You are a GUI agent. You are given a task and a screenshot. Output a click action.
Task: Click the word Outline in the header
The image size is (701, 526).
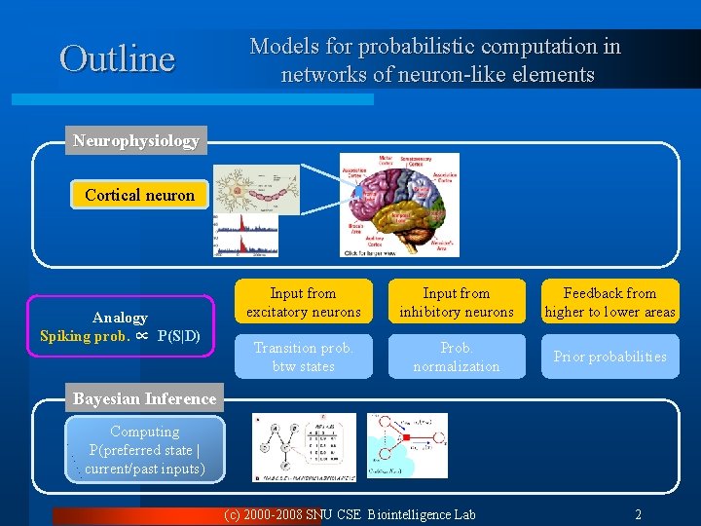point(117,58)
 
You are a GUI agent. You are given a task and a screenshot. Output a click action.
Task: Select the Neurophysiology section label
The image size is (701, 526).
point(136,140)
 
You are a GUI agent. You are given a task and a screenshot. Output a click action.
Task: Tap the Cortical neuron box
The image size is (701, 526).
point(139,195)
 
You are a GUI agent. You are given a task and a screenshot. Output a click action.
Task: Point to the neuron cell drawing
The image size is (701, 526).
point(255,189)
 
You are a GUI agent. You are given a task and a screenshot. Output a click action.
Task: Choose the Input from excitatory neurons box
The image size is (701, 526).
point(303,302)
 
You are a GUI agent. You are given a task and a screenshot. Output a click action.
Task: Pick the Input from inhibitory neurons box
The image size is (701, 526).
point(456,302)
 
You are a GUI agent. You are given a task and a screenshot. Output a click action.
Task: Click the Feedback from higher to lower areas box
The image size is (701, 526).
point(609,302)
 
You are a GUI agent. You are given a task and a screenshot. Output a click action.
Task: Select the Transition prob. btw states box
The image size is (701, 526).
point(303,357)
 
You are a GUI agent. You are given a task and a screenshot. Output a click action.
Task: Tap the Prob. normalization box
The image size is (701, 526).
point(456,357)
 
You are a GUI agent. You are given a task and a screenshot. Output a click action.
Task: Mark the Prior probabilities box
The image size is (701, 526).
point(609,357)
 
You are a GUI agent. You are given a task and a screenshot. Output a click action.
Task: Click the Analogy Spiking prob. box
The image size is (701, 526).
point(120,326)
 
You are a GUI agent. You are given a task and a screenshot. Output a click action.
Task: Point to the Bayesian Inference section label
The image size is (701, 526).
point(144,398)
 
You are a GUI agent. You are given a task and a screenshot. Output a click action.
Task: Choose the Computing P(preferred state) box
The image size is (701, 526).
point(144,450)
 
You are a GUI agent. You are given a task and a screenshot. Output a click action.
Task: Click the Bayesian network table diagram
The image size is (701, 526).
point(303,447)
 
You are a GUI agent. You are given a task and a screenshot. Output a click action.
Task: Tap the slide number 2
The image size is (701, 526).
point(638,514)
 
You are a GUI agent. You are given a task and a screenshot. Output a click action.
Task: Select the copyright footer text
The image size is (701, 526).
point(350,514)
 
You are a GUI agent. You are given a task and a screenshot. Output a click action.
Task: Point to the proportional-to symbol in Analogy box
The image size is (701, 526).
point(141,336)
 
